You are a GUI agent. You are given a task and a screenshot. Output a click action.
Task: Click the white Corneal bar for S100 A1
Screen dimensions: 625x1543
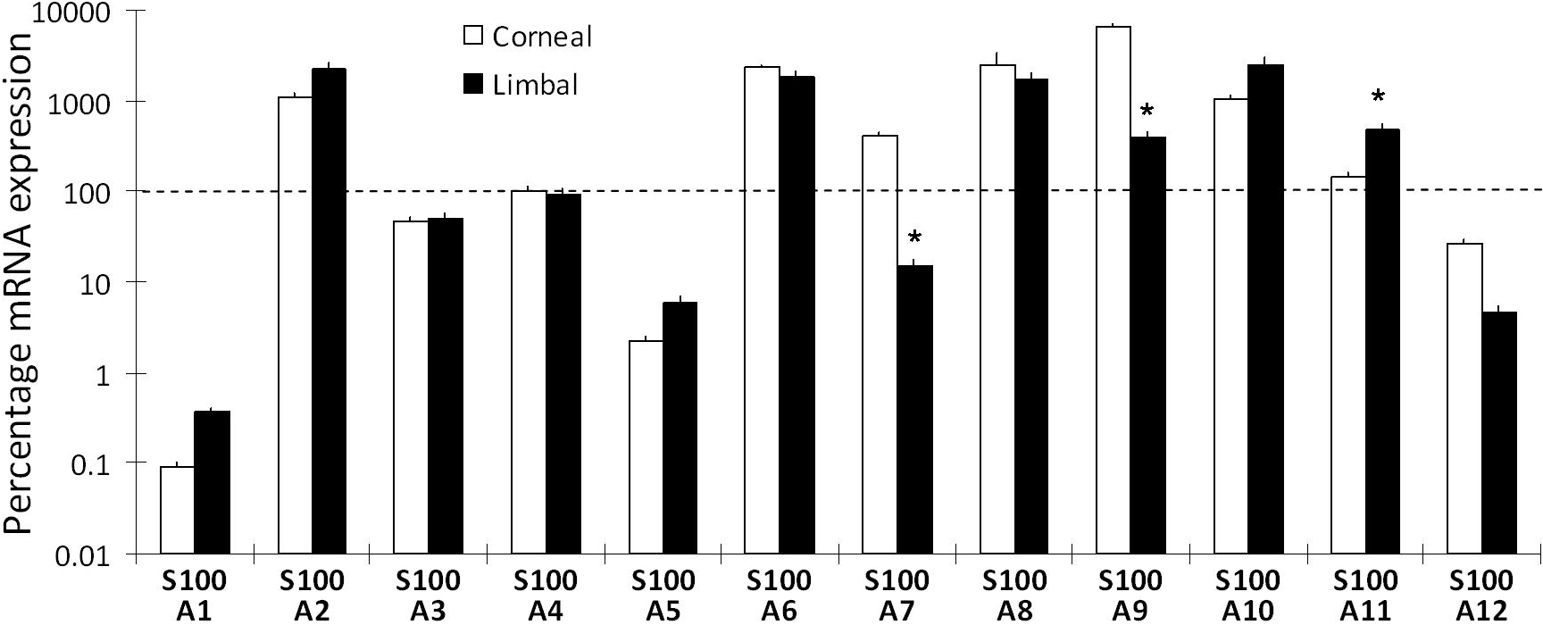[178, 510]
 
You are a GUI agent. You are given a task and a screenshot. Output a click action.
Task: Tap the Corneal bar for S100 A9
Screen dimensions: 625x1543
[1113, 290]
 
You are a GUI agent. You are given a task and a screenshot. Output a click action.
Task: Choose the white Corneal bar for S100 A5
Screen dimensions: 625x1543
[646, 446]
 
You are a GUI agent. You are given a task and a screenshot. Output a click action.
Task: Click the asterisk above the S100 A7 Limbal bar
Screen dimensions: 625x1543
[914, 238]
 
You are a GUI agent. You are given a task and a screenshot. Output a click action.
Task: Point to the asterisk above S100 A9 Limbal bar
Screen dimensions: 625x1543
[1147, 112]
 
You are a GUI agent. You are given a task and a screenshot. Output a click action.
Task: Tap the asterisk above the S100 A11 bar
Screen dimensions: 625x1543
[1379, 97]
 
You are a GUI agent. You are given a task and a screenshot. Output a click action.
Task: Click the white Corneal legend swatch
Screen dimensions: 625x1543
[473, 37]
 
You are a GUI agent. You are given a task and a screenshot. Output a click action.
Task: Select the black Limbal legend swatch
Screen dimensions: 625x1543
[473, 84]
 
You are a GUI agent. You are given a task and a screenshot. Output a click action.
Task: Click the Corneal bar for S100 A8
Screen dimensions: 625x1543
[997, 309]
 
